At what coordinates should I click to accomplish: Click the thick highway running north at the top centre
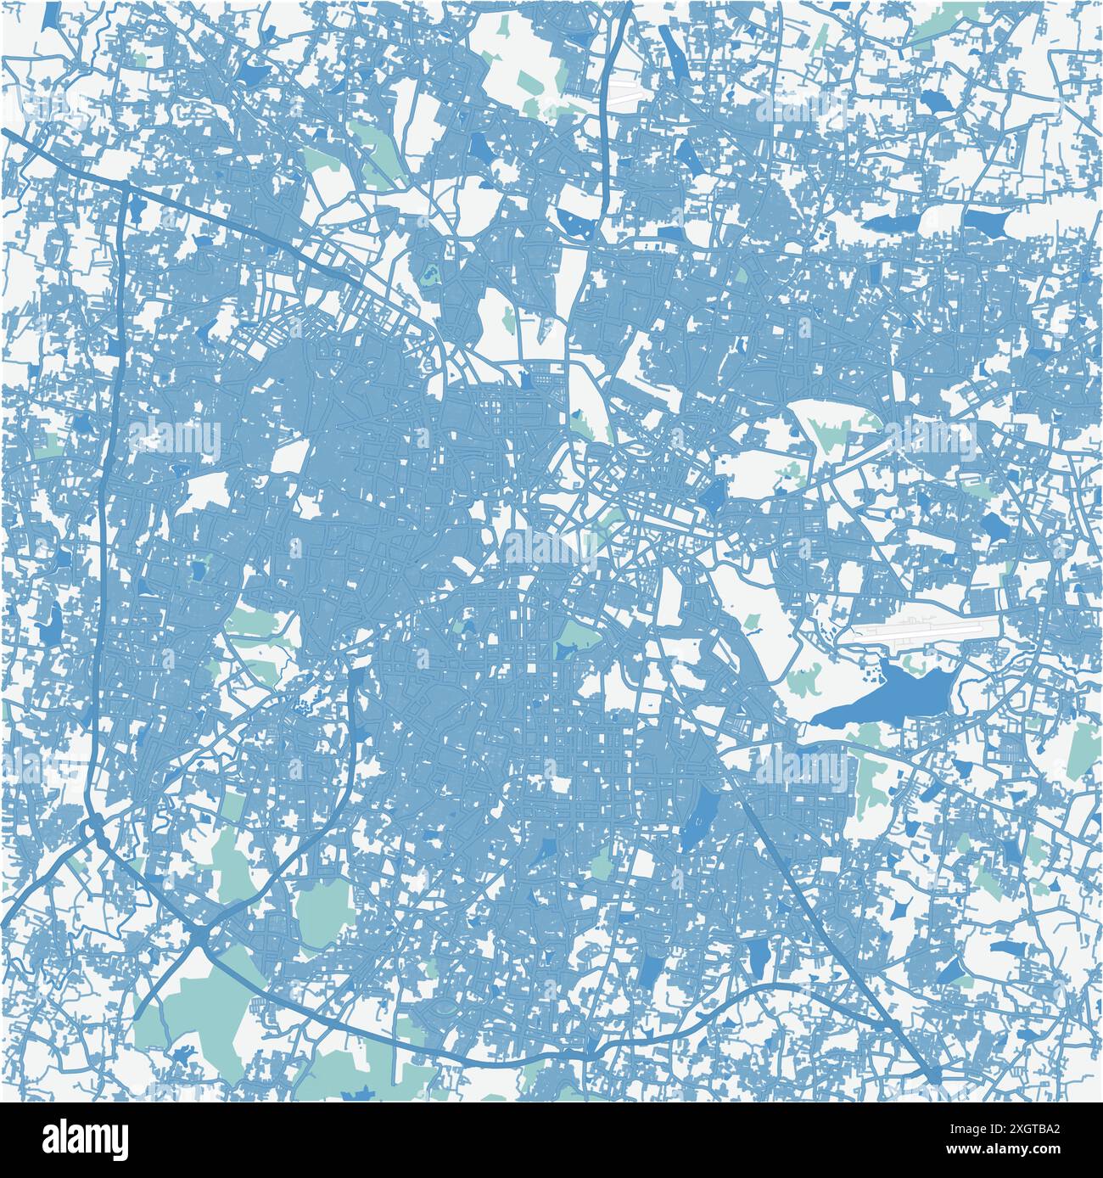coord(604,127)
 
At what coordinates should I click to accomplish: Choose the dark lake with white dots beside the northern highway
coord(577,222)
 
